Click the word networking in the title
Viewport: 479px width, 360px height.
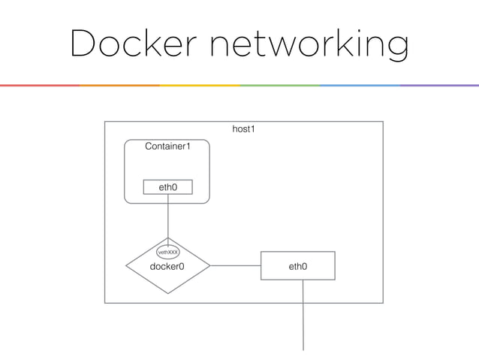[x=308, y=45]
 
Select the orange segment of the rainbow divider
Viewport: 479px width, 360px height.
[x=119, y=85]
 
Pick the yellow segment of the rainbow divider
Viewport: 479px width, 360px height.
[x=200, y=85]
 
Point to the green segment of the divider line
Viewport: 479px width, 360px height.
[x=279, y=85]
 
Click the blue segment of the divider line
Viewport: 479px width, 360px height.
[x=359, y=85]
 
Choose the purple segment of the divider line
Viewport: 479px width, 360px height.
[x=439, y=85]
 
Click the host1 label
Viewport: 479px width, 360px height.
[x=243, y=130]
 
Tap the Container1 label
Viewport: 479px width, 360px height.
[x=167, y=146]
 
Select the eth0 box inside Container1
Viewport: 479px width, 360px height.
[x=167, y=186]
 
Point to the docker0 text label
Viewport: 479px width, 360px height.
[x=167, y=266]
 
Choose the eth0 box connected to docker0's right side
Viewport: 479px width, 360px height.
[x=297, y=266]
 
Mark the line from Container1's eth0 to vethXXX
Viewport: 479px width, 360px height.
[x=167, y=219]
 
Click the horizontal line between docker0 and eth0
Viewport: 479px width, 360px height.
[x=235, y=265]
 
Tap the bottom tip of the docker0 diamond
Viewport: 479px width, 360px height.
[x=167, y=292]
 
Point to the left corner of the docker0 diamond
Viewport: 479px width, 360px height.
[x=126, y=265]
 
